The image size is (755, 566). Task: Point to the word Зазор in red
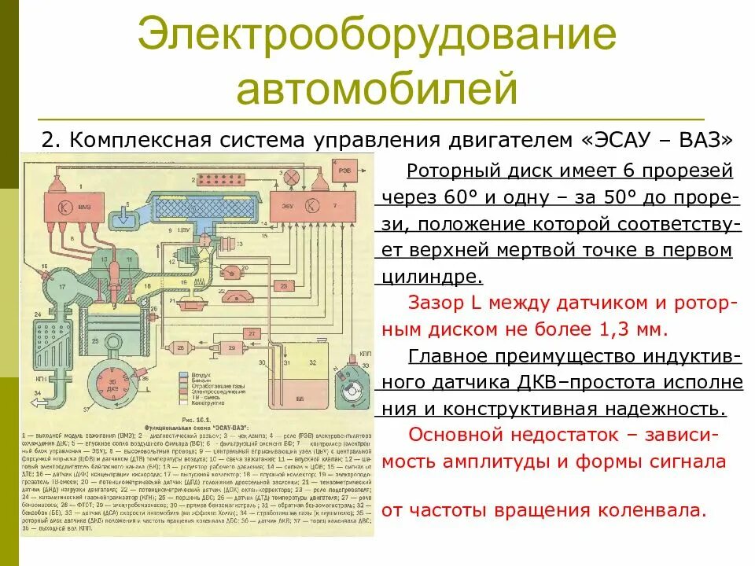click(436, 301)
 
